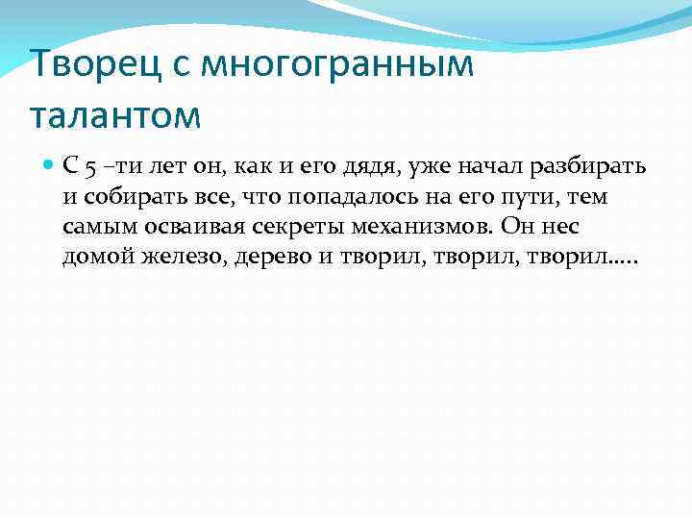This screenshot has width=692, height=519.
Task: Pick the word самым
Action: coord(92,228)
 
